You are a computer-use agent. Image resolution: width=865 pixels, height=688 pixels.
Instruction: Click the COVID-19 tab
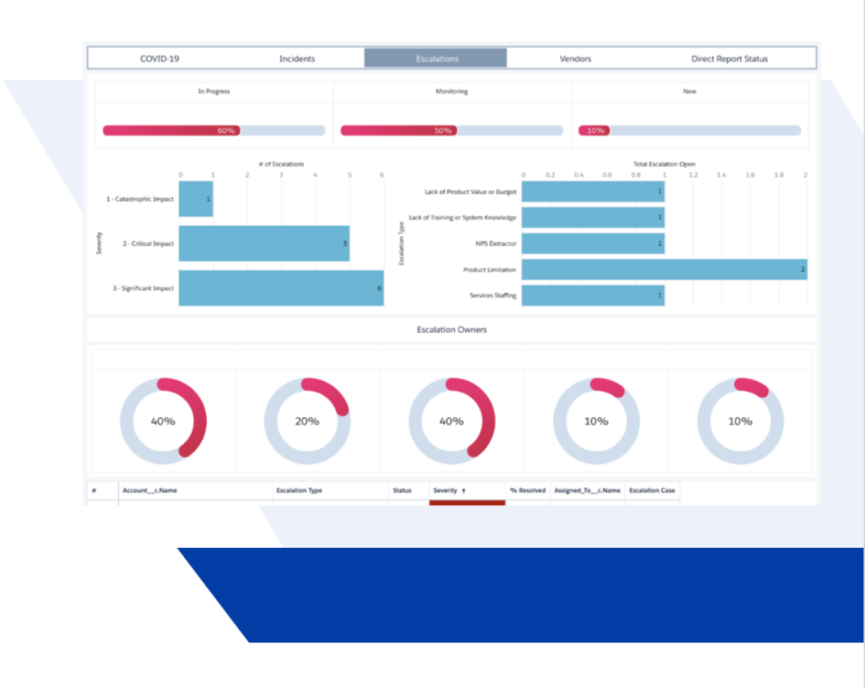160,58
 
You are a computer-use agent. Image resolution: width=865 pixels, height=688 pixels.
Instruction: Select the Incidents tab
296,58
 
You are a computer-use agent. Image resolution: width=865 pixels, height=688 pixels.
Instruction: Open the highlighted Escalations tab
436,58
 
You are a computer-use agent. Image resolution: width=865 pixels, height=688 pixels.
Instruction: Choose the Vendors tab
575,58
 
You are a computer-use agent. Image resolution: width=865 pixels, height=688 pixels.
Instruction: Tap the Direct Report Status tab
729,58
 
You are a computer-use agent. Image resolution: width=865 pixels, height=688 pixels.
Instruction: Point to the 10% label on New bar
596,131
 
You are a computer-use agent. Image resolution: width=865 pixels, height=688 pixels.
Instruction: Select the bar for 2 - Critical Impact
264,243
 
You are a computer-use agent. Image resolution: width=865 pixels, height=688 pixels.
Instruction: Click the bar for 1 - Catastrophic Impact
196,199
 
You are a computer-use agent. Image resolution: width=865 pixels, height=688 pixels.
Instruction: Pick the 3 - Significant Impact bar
281,288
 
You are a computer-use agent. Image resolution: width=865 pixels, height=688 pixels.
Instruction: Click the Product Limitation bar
664,270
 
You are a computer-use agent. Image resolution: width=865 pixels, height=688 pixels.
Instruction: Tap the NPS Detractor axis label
496,243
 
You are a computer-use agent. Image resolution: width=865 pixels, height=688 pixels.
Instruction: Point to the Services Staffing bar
593,295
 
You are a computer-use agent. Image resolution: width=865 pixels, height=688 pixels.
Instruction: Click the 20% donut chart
307,421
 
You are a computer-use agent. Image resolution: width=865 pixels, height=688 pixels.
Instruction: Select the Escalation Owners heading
451,330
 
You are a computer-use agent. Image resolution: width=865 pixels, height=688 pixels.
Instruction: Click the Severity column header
449,490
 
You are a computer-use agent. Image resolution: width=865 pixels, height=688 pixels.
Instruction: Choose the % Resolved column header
527,490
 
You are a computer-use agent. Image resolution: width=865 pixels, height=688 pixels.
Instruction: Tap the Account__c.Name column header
150,490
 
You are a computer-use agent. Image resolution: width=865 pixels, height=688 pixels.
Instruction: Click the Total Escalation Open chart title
664,164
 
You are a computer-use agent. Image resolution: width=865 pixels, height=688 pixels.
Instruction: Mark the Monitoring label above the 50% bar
451,91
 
